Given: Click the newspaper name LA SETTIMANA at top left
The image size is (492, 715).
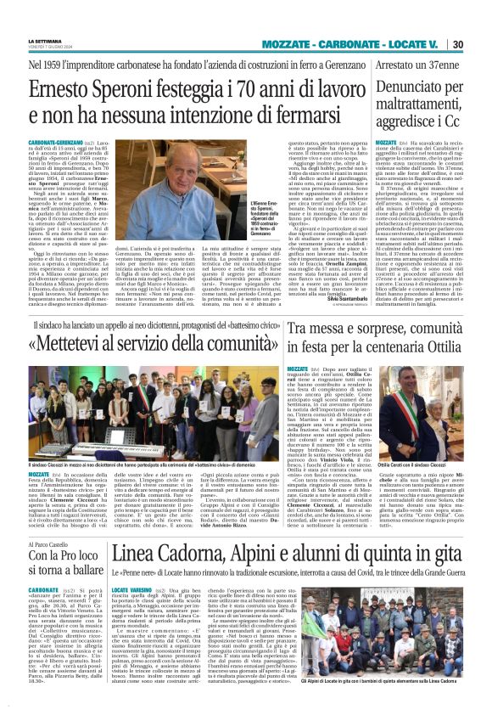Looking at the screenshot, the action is pos(45,40).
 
